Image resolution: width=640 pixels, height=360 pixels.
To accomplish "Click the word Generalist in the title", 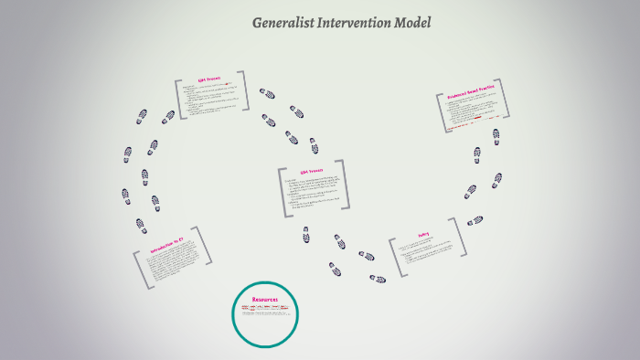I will [280, 23].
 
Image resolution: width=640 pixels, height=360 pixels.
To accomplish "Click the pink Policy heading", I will [423, 234].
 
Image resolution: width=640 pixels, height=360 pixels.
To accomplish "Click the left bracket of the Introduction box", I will [140, 270].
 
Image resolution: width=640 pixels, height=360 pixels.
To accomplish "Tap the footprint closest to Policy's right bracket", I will [475, 220].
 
